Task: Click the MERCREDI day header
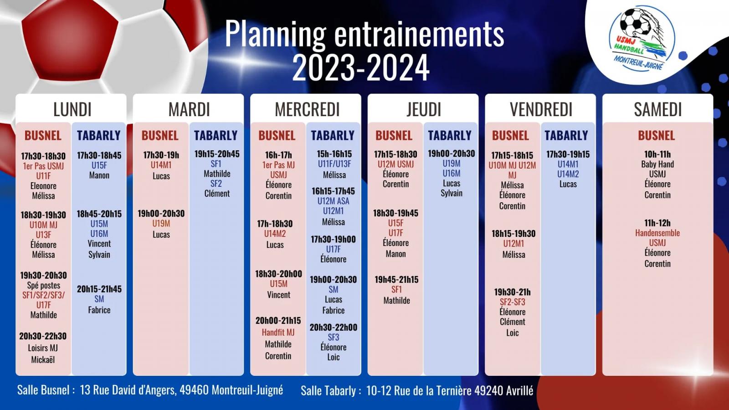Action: point(307,109)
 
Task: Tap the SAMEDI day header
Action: point(658,109)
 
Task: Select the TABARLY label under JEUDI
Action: point(450,135)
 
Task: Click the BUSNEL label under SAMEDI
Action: point(657,135)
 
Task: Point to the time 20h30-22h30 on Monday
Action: point(43,336)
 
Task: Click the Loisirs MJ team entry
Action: point(43,348)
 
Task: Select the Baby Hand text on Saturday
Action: point(657,164)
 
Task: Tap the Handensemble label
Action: point(657,233)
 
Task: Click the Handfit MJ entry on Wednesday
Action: point(278,332)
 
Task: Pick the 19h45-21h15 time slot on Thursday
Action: point(396,280)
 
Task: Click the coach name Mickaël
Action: point(43,359)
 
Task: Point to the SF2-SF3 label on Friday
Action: point(512,302)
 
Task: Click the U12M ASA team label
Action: point(333,201)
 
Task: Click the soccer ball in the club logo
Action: point(636,22)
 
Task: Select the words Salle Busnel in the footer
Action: point(43,390)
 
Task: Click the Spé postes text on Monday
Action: point(44,285)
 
